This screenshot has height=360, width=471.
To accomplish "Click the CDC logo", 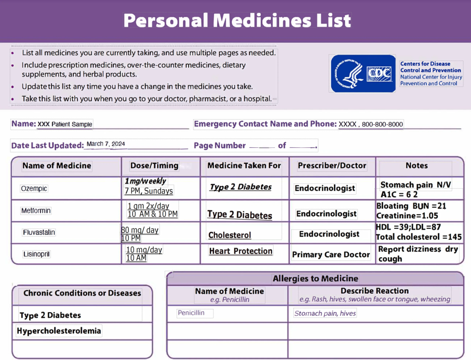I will point(363,73).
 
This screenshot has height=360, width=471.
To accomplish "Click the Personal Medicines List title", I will point(237,20).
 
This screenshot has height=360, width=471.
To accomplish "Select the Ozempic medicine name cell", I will point(34,189).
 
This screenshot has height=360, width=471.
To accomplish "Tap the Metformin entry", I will point(36,211).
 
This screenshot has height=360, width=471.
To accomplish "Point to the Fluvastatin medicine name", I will point(39,232).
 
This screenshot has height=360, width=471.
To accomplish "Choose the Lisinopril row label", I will point(36,254).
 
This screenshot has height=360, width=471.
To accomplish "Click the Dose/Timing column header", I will point(154,166).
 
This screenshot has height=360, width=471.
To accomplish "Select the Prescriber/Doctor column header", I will point(332,166).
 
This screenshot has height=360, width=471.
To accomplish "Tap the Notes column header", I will point(417,166).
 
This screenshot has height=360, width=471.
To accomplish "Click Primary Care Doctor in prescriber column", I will point(331,255).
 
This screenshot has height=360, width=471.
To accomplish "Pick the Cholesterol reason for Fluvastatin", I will point(230,235).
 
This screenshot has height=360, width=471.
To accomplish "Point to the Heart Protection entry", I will point(241,251).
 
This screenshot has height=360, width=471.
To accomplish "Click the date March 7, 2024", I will point(106,144).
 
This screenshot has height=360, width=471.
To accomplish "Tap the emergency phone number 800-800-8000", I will point(382,124).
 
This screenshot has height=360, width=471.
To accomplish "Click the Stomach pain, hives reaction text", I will point(325,314).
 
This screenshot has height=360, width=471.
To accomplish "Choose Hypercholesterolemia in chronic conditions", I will point(59,331).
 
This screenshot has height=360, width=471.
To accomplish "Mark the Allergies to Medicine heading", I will point(315,279).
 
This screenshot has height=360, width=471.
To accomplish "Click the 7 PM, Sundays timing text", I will point(149,191).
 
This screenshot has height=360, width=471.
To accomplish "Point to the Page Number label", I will point(220,145).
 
